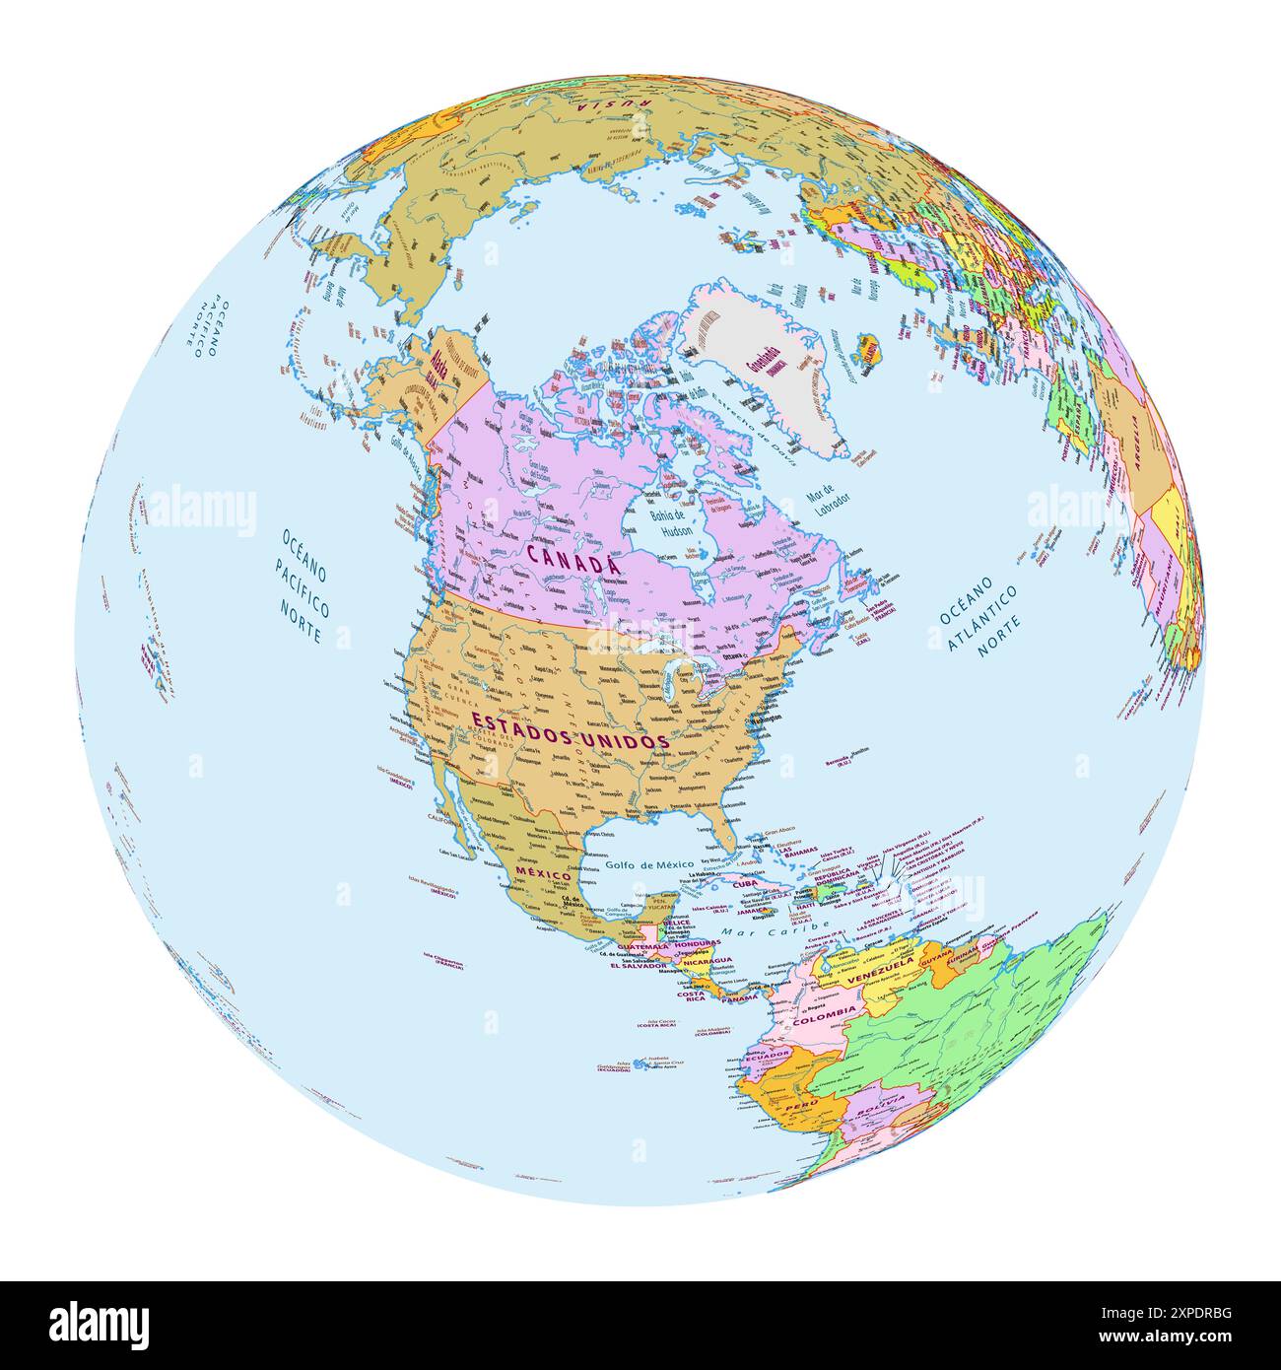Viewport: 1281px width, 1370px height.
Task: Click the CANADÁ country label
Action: pyautogui.click(x=573, y=558)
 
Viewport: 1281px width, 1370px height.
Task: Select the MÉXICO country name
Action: pyautogui.click(x=544, y=875)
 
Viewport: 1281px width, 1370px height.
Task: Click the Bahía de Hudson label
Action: pyautogui.click(x=677, y=522)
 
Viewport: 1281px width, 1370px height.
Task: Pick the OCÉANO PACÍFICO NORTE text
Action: pyautogui.click(x=303, y=585)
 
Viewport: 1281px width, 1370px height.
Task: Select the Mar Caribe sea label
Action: pyautogui.click(x=757, y=930)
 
